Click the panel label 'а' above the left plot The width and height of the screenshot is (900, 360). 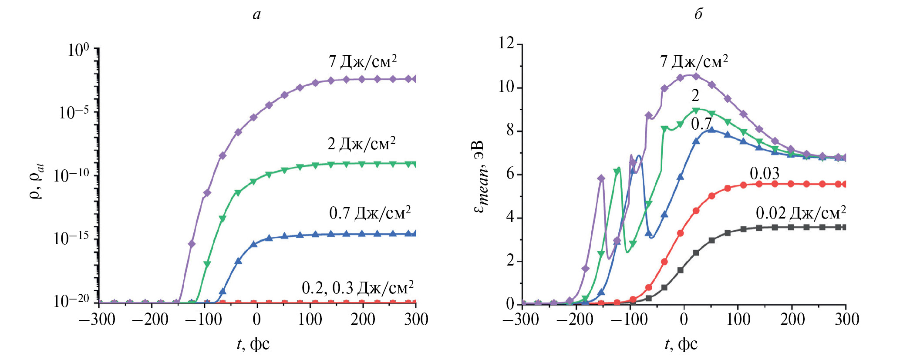[257, 15]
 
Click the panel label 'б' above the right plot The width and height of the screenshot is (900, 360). [698, 14]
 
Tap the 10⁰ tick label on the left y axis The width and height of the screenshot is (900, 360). [79, 50]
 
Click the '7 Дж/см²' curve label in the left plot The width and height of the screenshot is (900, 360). [363, 62]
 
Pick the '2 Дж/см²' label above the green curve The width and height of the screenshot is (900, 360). [361, 144]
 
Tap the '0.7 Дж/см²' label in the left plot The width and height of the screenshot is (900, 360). [370, 213]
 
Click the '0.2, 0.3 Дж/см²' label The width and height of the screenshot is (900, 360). [357, 288]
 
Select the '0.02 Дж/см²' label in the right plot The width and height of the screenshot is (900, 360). [801, 213]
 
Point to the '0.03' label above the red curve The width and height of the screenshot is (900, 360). [765, 174]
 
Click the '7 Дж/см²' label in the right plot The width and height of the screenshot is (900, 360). [694, 62]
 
